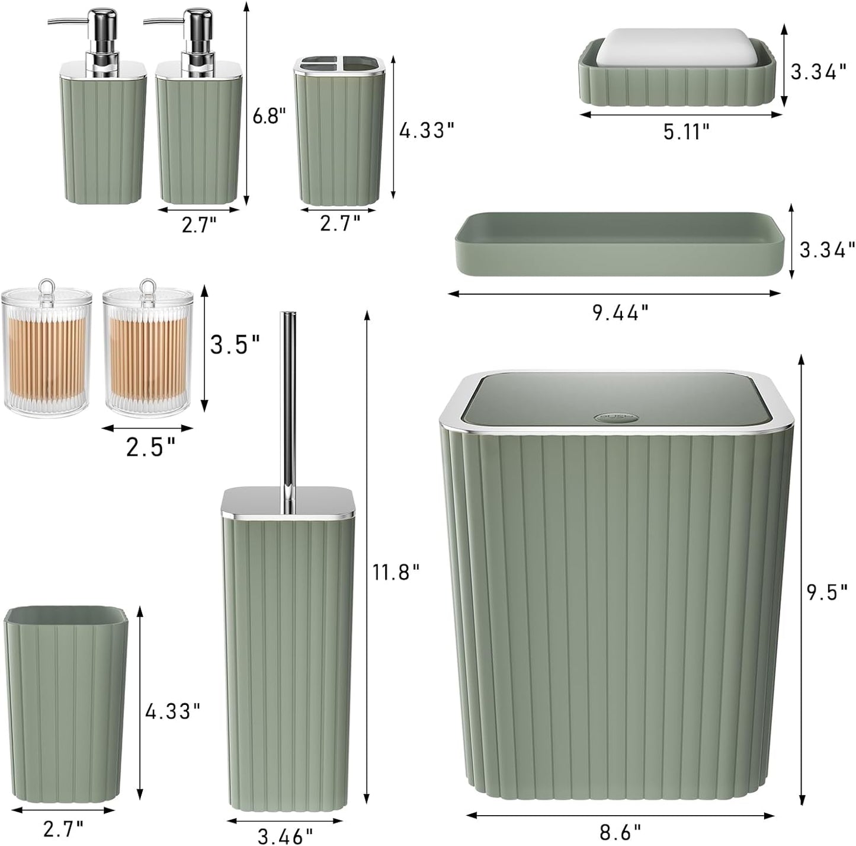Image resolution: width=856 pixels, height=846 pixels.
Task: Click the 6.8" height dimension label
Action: pyautogui.click(x=265, y=116)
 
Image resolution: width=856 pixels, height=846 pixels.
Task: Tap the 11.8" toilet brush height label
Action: pyautogui.click(x=396, y=572)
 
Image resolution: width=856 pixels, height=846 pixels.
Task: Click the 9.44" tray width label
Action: pyautogui.click(x=621, y=312)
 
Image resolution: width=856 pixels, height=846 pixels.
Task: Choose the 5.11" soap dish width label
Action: pyautogui.click(x=686, y=132)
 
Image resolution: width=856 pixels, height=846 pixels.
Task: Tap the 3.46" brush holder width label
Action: pyautogui.click(x=285, y=836)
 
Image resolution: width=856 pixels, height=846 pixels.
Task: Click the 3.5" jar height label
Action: pyautogui.click(x=235, y=344)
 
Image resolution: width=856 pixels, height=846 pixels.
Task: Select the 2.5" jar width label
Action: pyautogui.click(x=150, y=446)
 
